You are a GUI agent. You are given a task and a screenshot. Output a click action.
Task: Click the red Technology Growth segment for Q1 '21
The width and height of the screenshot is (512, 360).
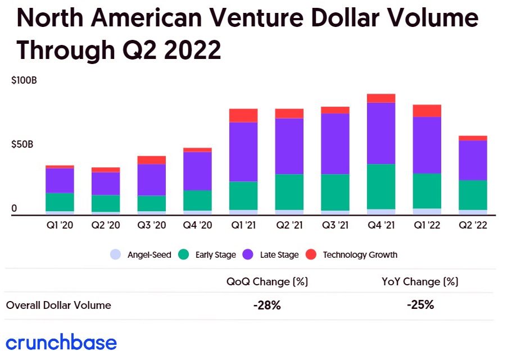point(243,115)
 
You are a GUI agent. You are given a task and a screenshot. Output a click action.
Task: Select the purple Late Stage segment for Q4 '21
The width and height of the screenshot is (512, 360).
point(381,133)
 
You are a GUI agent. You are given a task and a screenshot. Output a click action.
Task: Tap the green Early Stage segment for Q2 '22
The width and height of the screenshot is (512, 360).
point(473,195)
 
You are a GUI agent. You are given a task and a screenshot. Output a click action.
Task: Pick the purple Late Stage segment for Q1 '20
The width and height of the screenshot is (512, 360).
point(60,180)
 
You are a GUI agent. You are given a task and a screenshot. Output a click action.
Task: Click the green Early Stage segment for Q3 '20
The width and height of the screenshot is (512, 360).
point(151,203)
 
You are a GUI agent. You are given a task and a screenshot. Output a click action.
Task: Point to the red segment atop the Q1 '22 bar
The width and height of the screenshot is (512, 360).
point(427,111)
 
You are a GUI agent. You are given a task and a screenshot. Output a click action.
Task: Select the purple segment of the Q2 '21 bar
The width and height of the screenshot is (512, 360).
point(289,146)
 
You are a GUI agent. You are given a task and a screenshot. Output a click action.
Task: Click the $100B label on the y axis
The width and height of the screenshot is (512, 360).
point(24,80)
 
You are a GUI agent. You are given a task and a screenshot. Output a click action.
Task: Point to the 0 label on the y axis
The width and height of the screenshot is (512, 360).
point(15,208)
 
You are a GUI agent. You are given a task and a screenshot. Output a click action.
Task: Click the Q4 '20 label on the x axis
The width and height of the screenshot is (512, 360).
point(197,226)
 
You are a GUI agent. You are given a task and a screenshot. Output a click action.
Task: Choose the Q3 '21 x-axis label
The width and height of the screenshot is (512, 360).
point(335,226)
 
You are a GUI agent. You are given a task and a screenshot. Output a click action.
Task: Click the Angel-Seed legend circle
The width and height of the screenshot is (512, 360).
point(116,254)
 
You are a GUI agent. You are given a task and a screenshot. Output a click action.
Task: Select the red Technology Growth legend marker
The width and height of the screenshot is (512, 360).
point(311,254)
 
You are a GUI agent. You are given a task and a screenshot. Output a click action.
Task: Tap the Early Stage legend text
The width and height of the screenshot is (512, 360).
point(215,255)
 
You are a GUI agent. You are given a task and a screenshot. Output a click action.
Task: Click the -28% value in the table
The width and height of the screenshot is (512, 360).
point(266,306)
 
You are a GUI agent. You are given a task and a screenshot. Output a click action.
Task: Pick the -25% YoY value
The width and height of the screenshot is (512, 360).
point(420,305)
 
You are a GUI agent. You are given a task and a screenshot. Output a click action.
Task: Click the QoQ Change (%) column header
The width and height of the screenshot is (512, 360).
point(266,281)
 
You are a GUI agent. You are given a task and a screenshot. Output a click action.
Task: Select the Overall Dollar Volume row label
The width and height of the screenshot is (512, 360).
point(58,306)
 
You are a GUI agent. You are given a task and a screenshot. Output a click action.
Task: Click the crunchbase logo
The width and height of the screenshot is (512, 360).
point(61,343)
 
